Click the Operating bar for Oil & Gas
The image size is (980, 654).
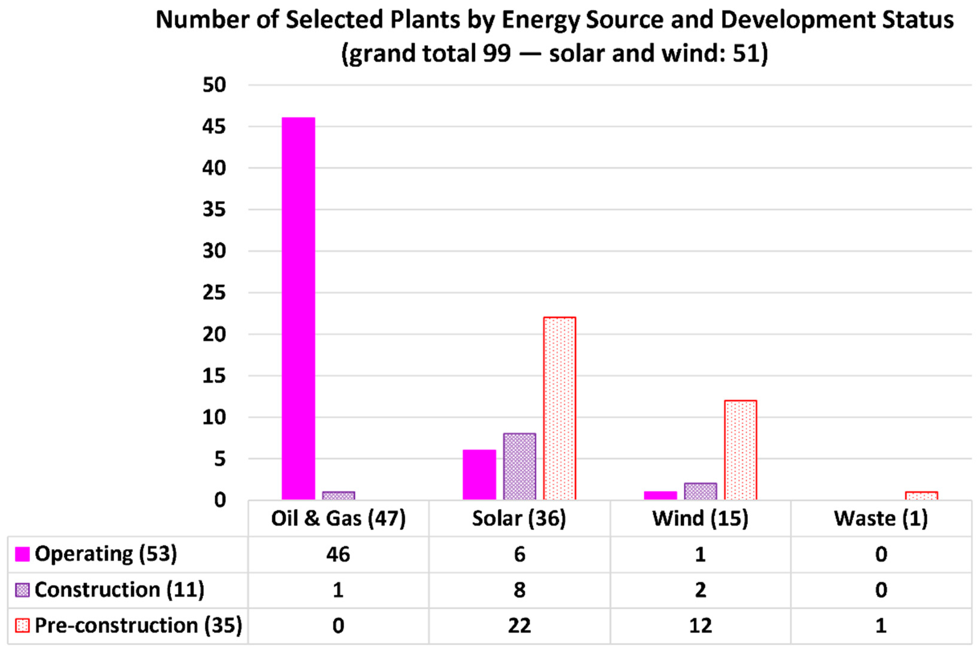(x=298, y=309)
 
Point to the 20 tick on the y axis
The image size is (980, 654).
(x=214, y=334)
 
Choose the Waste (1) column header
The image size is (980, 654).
(x=881, y=518)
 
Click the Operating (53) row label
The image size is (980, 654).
(x=106, y=554)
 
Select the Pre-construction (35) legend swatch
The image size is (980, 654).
(x=22, y=626)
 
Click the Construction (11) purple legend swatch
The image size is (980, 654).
(x=22, y=590)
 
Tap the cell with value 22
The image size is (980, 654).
(x=519, y=626)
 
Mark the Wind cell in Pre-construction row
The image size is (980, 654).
(x=700, y=626)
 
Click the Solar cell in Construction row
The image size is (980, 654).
(x=519, y=590)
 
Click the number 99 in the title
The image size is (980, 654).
(x=497, y=53)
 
